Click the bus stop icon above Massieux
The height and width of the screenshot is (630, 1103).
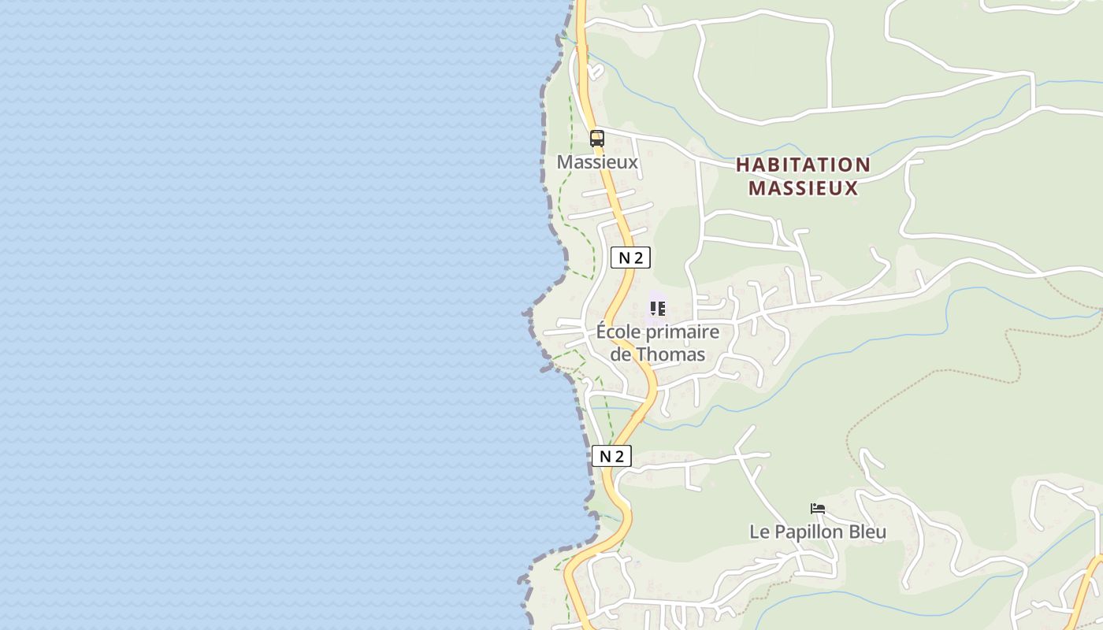[597, 139]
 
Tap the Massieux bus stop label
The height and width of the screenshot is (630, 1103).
[597, 162]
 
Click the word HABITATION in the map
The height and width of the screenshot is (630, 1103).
[803, 165]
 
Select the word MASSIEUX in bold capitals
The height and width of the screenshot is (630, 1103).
[803, 188]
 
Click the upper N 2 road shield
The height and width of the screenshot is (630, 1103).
[630, 258]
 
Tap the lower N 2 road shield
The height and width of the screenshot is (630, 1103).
[611, 456]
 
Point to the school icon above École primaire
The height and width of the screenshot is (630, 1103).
[657, 308]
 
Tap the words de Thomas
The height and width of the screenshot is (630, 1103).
[658, 354]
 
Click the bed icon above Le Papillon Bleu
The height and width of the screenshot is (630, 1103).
[818, 509]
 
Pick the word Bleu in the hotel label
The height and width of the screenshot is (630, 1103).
[868, 532]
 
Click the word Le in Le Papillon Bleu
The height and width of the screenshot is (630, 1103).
[759, 532]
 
